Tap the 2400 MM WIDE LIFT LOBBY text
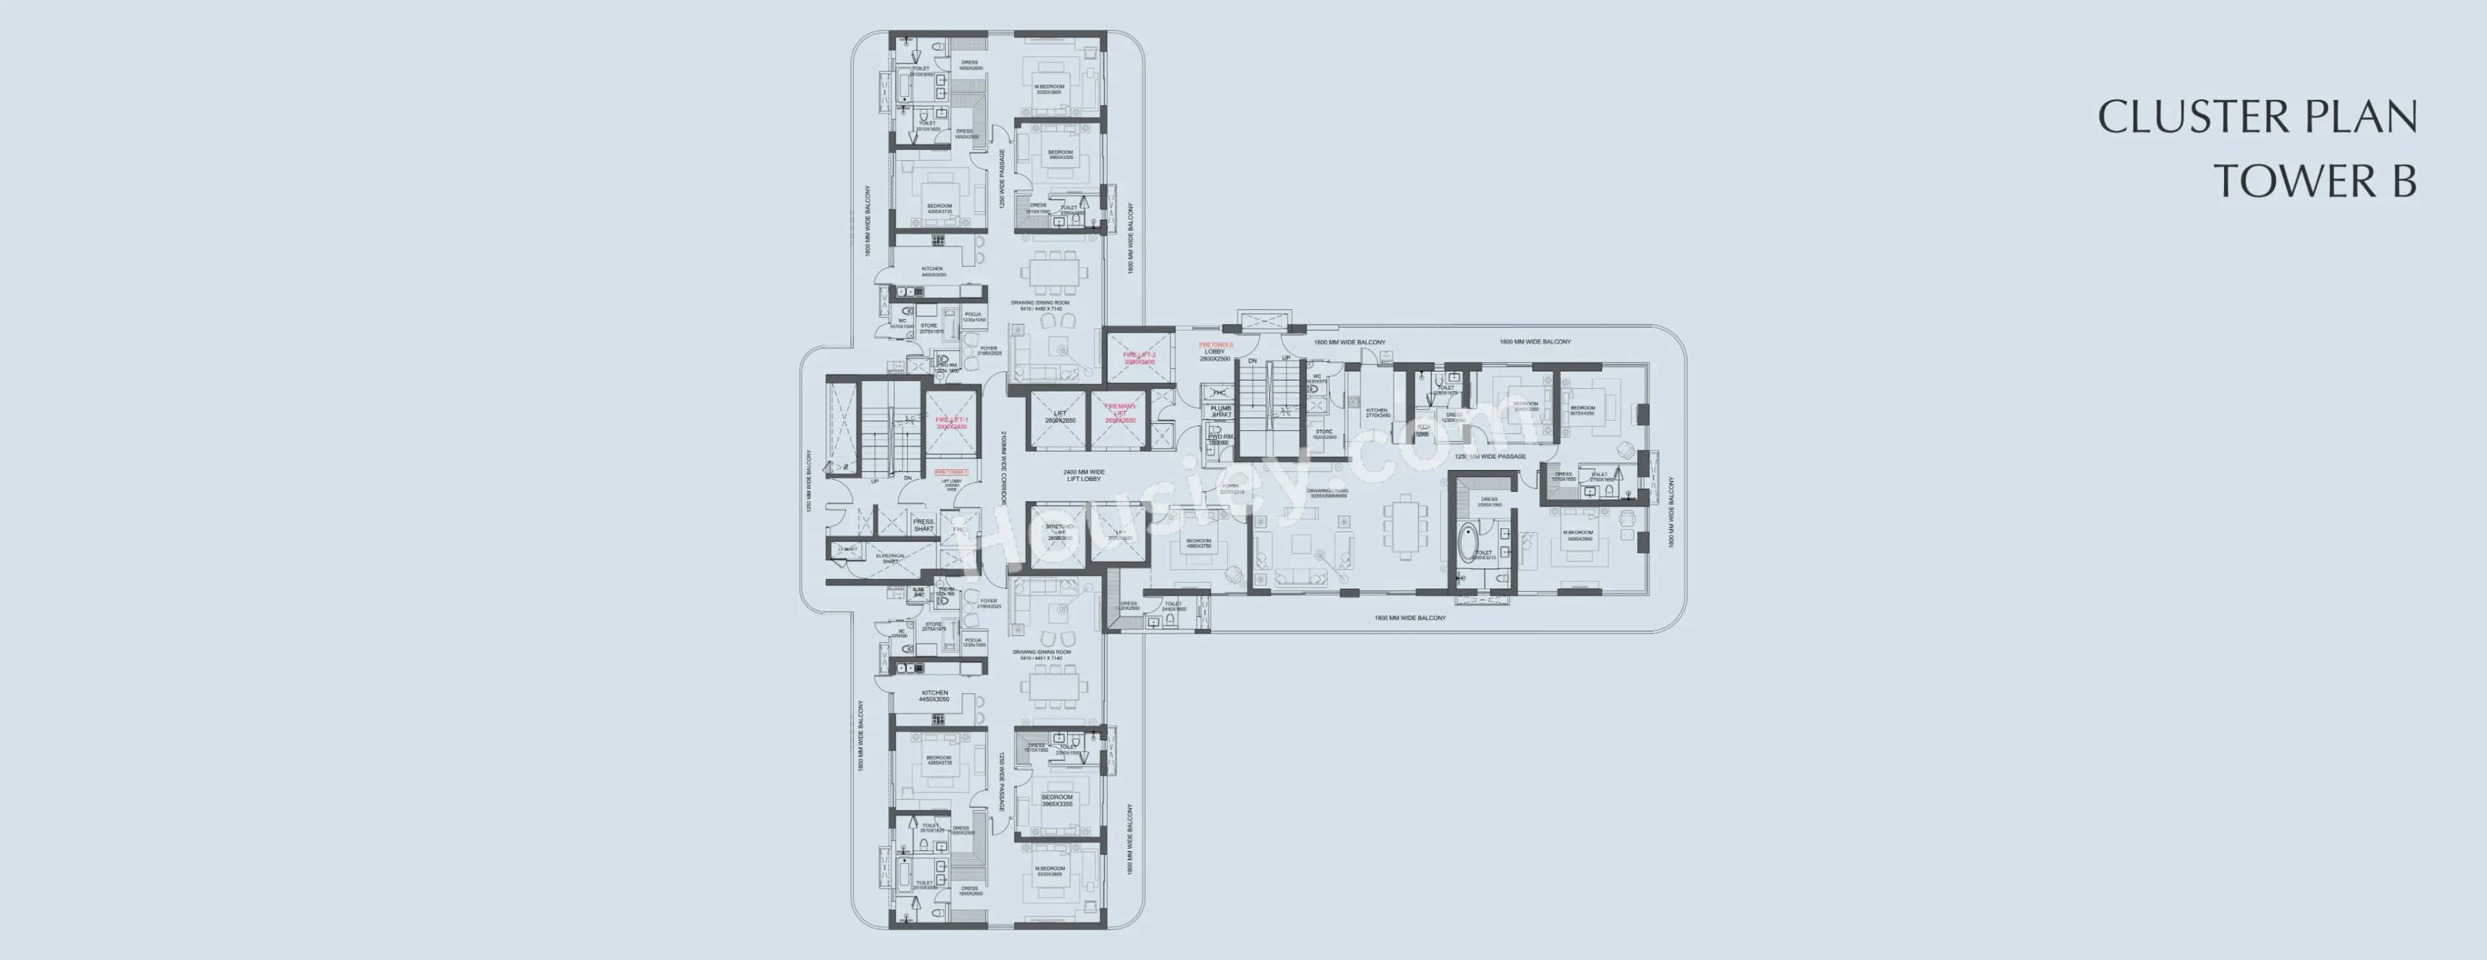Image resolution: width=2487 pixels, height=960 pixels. tap(1084, 475)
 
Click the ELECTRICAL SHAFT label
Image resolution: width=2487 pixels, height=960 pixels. tap(889, 558)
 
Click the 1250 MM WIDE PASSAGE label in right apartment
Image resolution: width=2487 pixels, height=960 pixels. tap(1490, 456)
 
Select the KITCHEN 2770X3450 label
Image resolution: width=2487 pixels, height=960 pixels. tap(1378, 412)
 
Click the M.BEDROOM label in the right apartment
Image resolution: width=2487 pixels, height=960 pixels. tap(1578, 535)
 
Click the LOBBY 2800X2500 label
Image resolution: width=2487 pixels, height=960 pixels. tap(1214, 355)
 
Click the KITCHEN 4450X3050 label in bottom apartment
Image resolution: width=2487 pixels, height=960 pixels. tap(935, 696)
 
